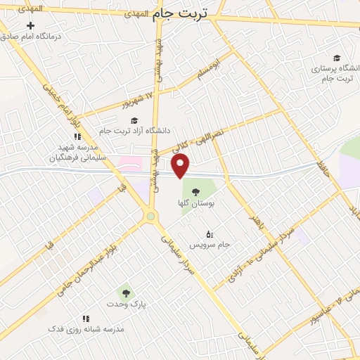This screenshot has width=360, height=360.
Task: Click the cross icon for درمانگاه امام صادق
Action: coord(30,25)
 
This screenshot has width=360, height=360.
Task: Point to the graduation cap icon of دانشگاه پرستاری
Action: coord(337,58)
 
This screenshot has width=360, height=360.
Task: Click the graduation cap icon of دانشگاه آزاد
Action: coord(134,120)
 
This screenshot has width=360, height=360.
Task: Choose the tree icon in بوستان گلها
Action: coord(195,191)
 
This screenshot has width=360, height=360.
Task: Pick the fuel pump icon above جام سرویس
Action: coord(208,233)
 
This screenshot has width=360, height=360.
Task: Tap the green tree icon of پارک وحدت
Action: coord(125,292)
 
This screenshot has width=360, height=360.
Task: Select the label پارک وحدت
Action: coord(125,304)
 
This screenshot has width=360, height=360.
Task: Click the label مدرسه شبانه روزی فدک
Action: coord(86,329)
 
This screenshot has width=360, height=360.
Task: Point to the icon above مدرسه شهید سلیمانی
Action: coord(77,136)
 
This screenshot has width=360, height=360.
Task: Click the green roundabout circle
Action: coord(150,217)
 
